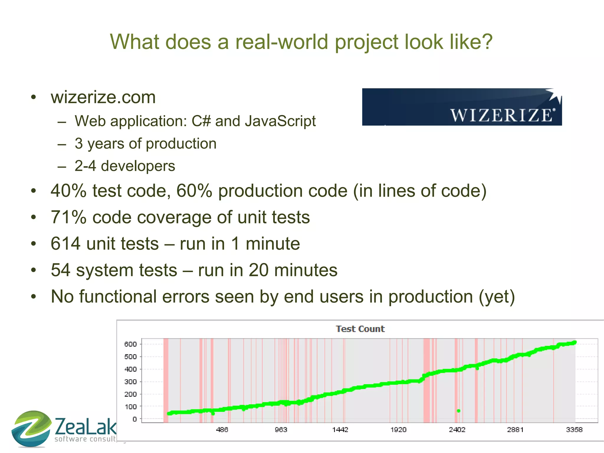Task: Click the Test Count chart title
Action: (360, 329)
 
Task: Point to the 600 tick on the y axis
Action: (130, 344)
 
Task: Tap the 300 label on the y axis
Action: (130, 382)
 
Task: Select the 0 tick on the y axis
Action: (134, 419)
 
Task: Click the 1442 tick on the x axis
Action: (340, 430)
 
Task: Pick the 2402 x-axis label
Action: (457, 430)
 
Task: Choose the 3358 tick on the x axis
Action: (574, 430)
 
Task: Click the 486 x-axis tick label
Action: (222, 430)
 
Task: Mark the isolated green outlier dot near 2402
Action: (459, 411)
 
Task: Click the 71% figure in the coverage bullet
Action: (68, 217)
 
